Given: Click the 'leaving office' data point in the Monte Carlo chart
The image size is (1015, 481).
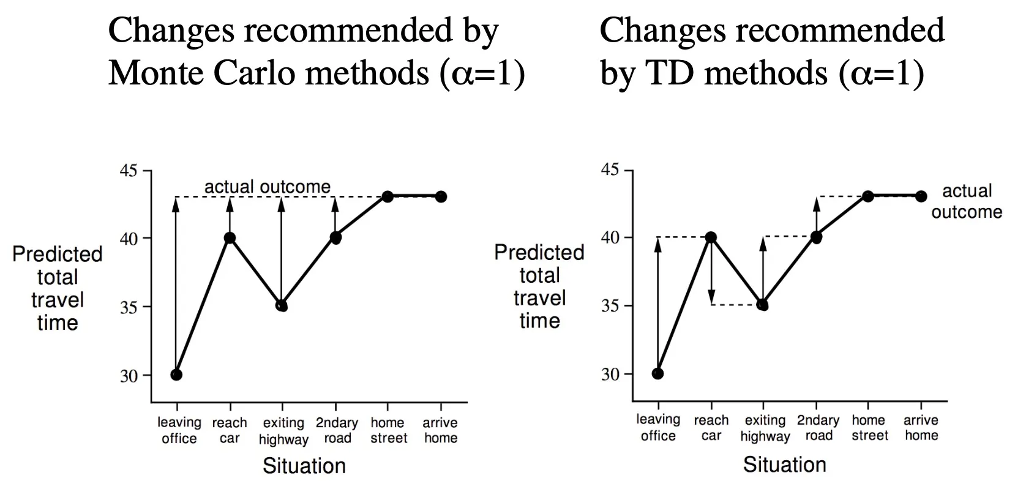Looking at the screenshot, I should point(176,375).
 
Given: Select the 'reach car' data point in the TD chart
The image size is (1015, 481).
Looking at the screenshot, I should point(711,237).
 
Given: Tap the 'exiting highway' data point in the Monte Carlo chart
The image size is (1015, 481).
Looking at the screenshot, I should point(282,305).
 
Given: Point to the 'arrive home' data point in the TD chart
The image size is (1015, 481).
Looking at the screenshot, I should point(921,196).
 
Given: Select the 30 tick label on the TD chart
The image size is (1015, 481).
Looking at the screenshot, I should point(610,374).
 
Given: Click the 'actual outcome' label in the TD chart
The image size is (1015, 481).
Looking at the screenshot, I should point(967,201).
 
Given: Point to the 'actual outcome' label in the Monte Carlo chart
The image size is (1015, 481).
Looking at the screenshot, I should point(267,187).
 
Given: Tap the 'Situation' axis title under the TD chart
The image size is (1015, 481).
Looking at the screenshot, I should point(784,464).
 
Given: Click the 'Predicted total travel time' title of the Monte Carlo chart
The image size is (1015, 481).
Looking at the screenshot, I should point(58,288).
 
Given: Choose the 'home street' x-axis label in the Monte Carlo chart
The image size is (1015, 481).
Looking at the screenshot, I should point(388,430).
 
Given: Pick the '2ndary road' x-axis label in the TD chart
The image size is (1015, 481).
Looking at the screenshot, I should point(818,428).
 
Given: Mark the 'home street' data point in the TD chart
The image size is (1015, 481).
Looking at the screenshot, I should point(868,196).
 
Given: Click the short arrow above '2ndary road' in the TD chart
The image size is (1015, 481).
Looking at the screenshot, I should point(816,214).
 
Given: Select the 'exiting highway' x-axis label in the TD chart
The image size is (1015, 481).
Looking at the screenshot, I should point(765,428).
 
